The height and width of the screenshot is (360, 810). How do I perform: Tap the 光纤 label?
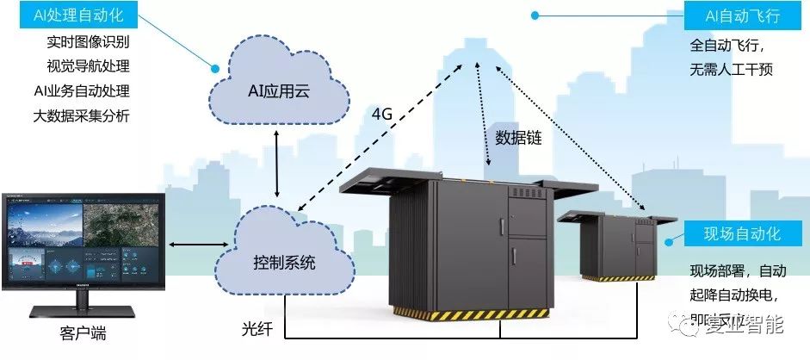pos(257,329)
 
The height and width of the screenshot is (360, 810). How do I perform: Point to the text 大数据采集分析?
pos(82,115)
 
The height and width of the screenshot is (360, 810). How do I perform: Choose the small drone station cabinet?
pos(615,245)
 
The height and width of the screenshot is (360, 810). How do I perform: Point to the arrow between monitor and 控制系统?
pos(195,246)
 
